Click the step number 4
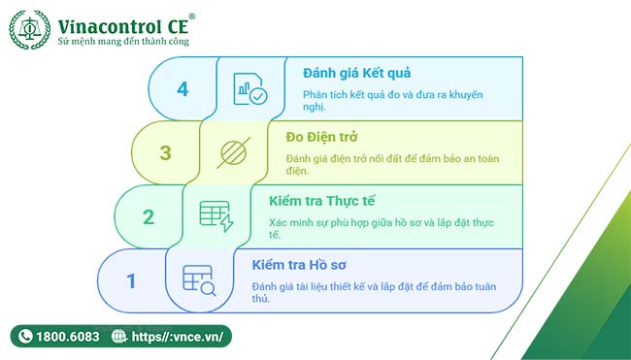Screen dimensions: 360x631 183,89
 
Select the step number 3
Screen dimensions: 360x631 165,153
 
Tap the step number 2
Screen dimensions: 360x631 149,216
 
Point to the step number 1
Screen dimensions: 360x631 131,281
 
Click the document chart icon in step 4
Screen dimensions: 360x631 249,88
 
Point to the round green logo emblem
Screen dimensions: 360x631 29,29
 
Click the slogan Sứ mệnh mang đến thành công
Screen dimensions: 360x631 123,43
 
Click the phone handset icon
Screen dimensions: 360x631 24,337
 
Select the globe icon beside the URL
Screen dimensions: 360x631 119,337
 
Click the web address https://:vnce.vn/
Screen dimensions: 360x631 179,337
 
